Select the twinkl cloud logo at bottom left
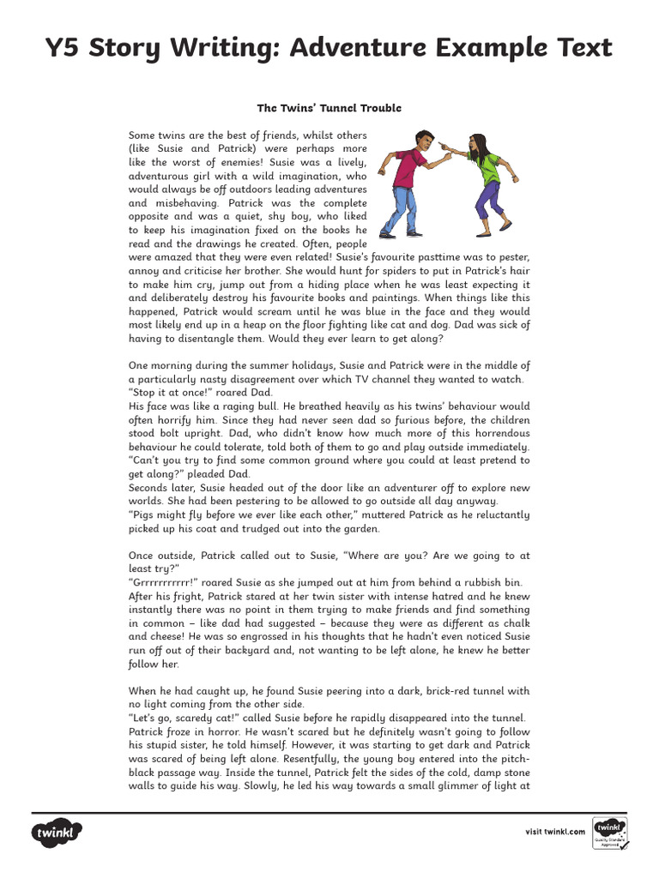click(x=56, y=832)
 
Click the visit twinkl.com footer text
click(x=555, y=831)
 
